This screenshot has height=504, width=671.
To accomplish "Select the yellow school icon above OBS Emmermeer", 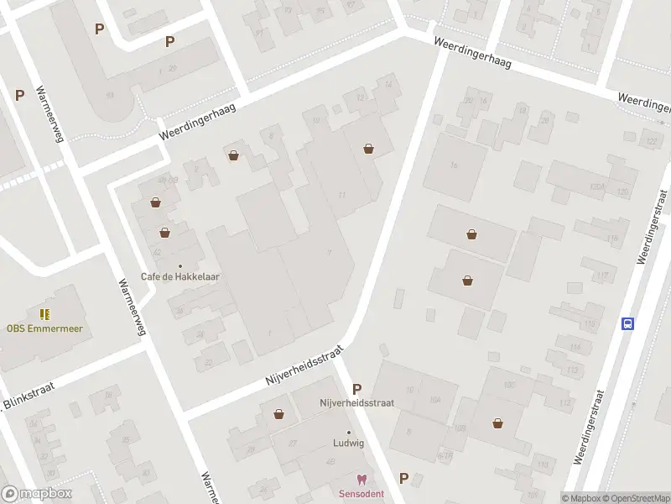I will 45,314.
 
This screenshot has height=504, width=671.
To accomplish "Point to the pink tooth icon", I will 362,480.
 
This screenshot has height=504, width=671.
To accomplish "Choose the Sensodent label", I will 362,493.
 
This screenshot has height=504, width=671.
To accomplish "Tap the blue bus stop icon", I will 627,323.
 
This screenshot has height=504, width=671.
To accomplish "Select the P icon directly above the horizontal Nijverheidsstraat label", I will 357,389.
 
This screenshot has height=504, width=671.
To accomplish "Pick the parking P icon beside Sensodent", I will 404,478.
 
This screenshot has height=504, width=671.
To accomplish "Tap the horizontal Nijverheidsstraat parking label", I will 356,403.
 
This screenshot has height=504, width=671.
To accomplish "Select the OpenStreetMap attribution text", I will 635,498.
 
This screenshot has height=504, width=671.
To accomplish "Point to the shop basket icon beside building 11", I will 369,149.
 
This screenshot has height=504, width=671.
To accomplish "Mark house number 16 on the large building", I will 454,165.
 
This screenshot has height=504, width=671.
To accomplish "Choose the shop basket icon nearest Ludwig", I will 278,413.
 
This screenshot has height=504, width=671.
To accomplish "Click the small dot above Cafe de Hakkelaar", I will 179,265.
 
